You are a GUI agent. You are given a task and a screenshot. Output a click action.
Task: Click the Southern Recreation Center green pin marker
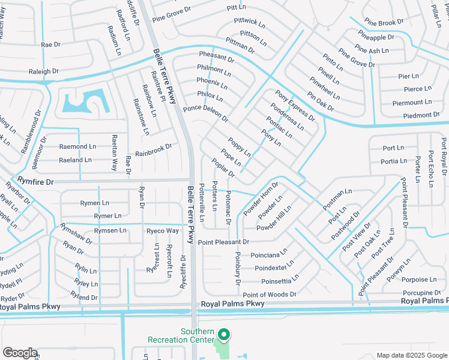[223, 335]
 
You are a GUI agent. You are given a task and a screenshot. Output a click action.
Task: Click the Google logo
[20, 353]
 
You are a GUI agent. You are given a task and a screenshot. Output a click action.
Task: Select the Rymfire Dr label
[35, 181]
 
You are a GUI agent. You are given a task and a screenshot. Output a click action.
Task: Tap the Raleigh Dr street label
[44, 71]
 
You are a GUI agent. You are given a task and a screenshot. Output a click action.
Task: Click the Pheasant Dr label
[216, 57]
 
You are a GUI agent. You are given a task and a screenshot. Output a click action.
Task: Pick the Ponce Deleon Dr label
[206, 112]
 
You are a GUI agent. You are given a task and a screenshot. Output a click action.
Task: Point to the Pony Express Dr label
[295, 106]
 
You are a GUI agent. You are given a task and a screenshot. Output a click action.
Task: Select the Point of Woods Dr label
[270, 295]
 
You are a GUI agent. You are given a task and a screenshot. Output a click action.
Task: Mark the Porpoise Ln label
[420, 280]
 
